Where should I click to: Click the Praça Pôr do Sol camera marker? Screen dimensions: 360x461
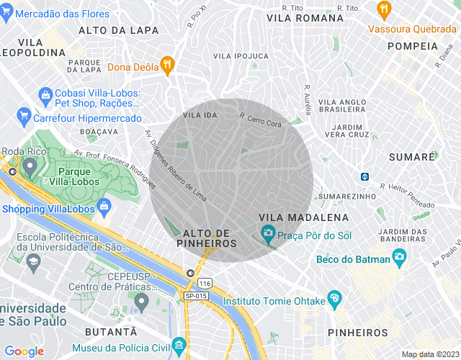click(268, 233)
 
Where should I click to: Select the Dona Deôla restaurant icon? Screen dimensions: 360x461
click(167, 66)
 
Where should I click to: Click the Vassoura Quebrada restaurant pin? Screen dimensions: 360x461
click(383, 11)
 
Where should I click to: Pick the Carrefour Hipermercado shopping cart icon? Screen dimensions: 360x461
click(24, 114)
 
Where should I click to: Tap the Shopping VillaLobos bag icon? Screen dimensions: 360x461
click(104, 209)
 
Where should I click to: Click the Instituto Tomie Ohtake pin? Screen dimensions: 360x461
click(334, 298)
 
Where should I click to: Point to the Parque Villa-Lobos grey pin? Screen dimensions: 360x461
click(30, 166)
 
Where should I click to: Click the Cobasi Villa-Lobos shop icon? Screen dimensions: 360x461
click(45, 94)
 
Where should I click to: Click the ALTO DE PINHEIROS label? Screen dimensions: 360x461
click(210, 238)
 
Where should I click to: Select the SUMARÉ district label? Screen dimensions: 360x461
click(412, 156)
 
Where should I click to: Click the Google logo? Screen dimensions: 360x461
click(24, 351)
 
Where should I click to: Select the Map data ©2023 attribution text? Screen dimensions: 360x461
click(429, 354)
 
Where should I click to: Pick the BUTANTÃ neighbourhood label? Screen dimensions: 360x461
click(111, 331)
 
